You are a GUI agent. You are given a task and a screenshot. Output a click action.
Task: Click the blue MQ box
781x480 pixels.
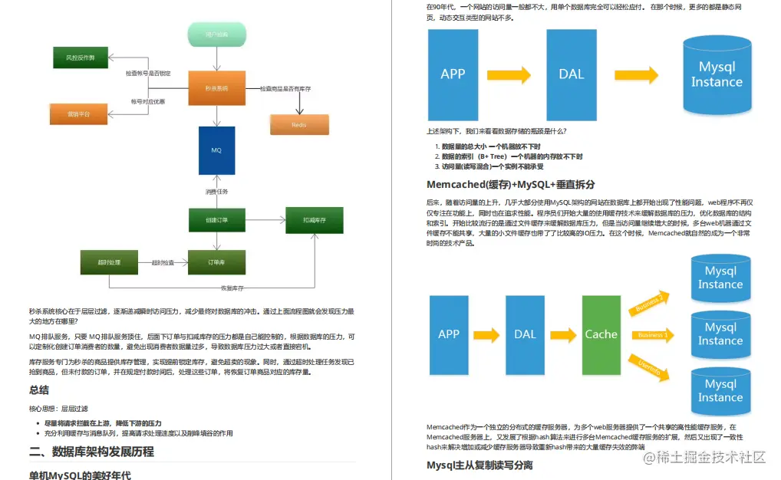(x=216, y=150)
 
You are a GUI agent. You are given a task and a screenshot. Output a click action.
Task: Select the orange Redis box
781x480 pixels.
(x=299, y=124)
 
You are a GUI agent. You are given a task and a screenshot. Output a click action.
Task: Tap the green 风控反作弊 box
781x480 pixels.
(x=80, y=58)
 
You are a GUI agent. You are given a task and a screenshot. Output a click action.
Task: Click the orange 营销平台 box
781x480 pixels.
(x=78, y=113)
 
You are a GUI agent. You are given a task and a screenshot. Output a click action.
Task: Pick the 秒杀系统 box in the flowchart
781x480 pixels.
(x=216, y=88)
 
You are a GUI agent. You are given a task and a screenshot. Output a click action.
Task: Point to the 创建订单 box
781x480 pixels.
(x=216, y=220)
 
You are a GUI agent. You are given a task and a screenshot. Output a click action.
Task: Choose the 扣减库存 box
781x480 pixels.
(x=315, y=220)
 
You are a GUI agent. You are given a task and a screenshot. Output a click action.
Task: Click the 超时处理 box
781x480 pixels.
(x=109, y=263)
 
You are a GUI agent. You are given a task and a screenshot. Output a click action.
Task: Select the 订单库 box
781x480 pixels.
(x=216, y=263)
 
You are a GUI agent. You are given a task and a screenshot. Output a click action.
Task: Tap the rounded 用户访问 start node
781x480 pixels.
(x=216, y=35)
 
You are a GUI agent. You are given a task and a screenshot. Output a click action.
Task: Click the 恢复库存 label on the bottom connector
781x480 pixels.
(x=232, y=288)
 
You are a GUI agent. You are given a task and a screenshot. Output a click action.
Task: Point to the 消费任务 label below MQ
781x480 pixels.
(x=216, y=192)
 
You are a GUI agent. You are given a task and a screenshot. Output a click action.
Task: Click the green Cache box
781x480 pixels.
(x=601, y=334)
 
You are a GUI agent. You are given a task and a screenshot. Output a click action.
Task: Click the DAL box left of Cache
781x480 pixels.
(x=526, y=334)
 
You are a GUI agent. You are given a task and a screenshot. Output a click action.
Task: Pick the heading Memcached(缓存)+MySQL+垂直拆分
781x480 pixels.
(x=511, y=185)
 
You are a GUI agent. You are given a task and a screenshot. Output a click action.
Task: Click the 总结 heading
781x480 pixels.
(x=39, y=390)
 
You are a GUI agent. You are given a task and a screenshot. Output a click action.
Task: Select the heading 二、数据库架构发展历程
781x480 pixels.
(x=91, y=452)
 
